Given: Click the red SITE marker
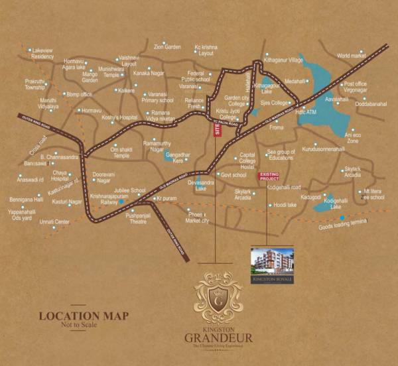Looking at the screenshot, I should point(217,129).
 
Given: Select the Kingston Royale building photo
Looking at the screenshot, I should point(273,261).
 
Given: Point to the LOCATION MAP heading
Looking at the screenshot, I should point(83,316).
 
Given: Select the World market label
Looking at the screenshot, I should point(352,56).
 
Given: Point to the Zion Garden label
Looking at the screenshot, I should point(167,47).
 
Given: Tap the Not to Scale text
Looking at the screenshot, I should point(83,326).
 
